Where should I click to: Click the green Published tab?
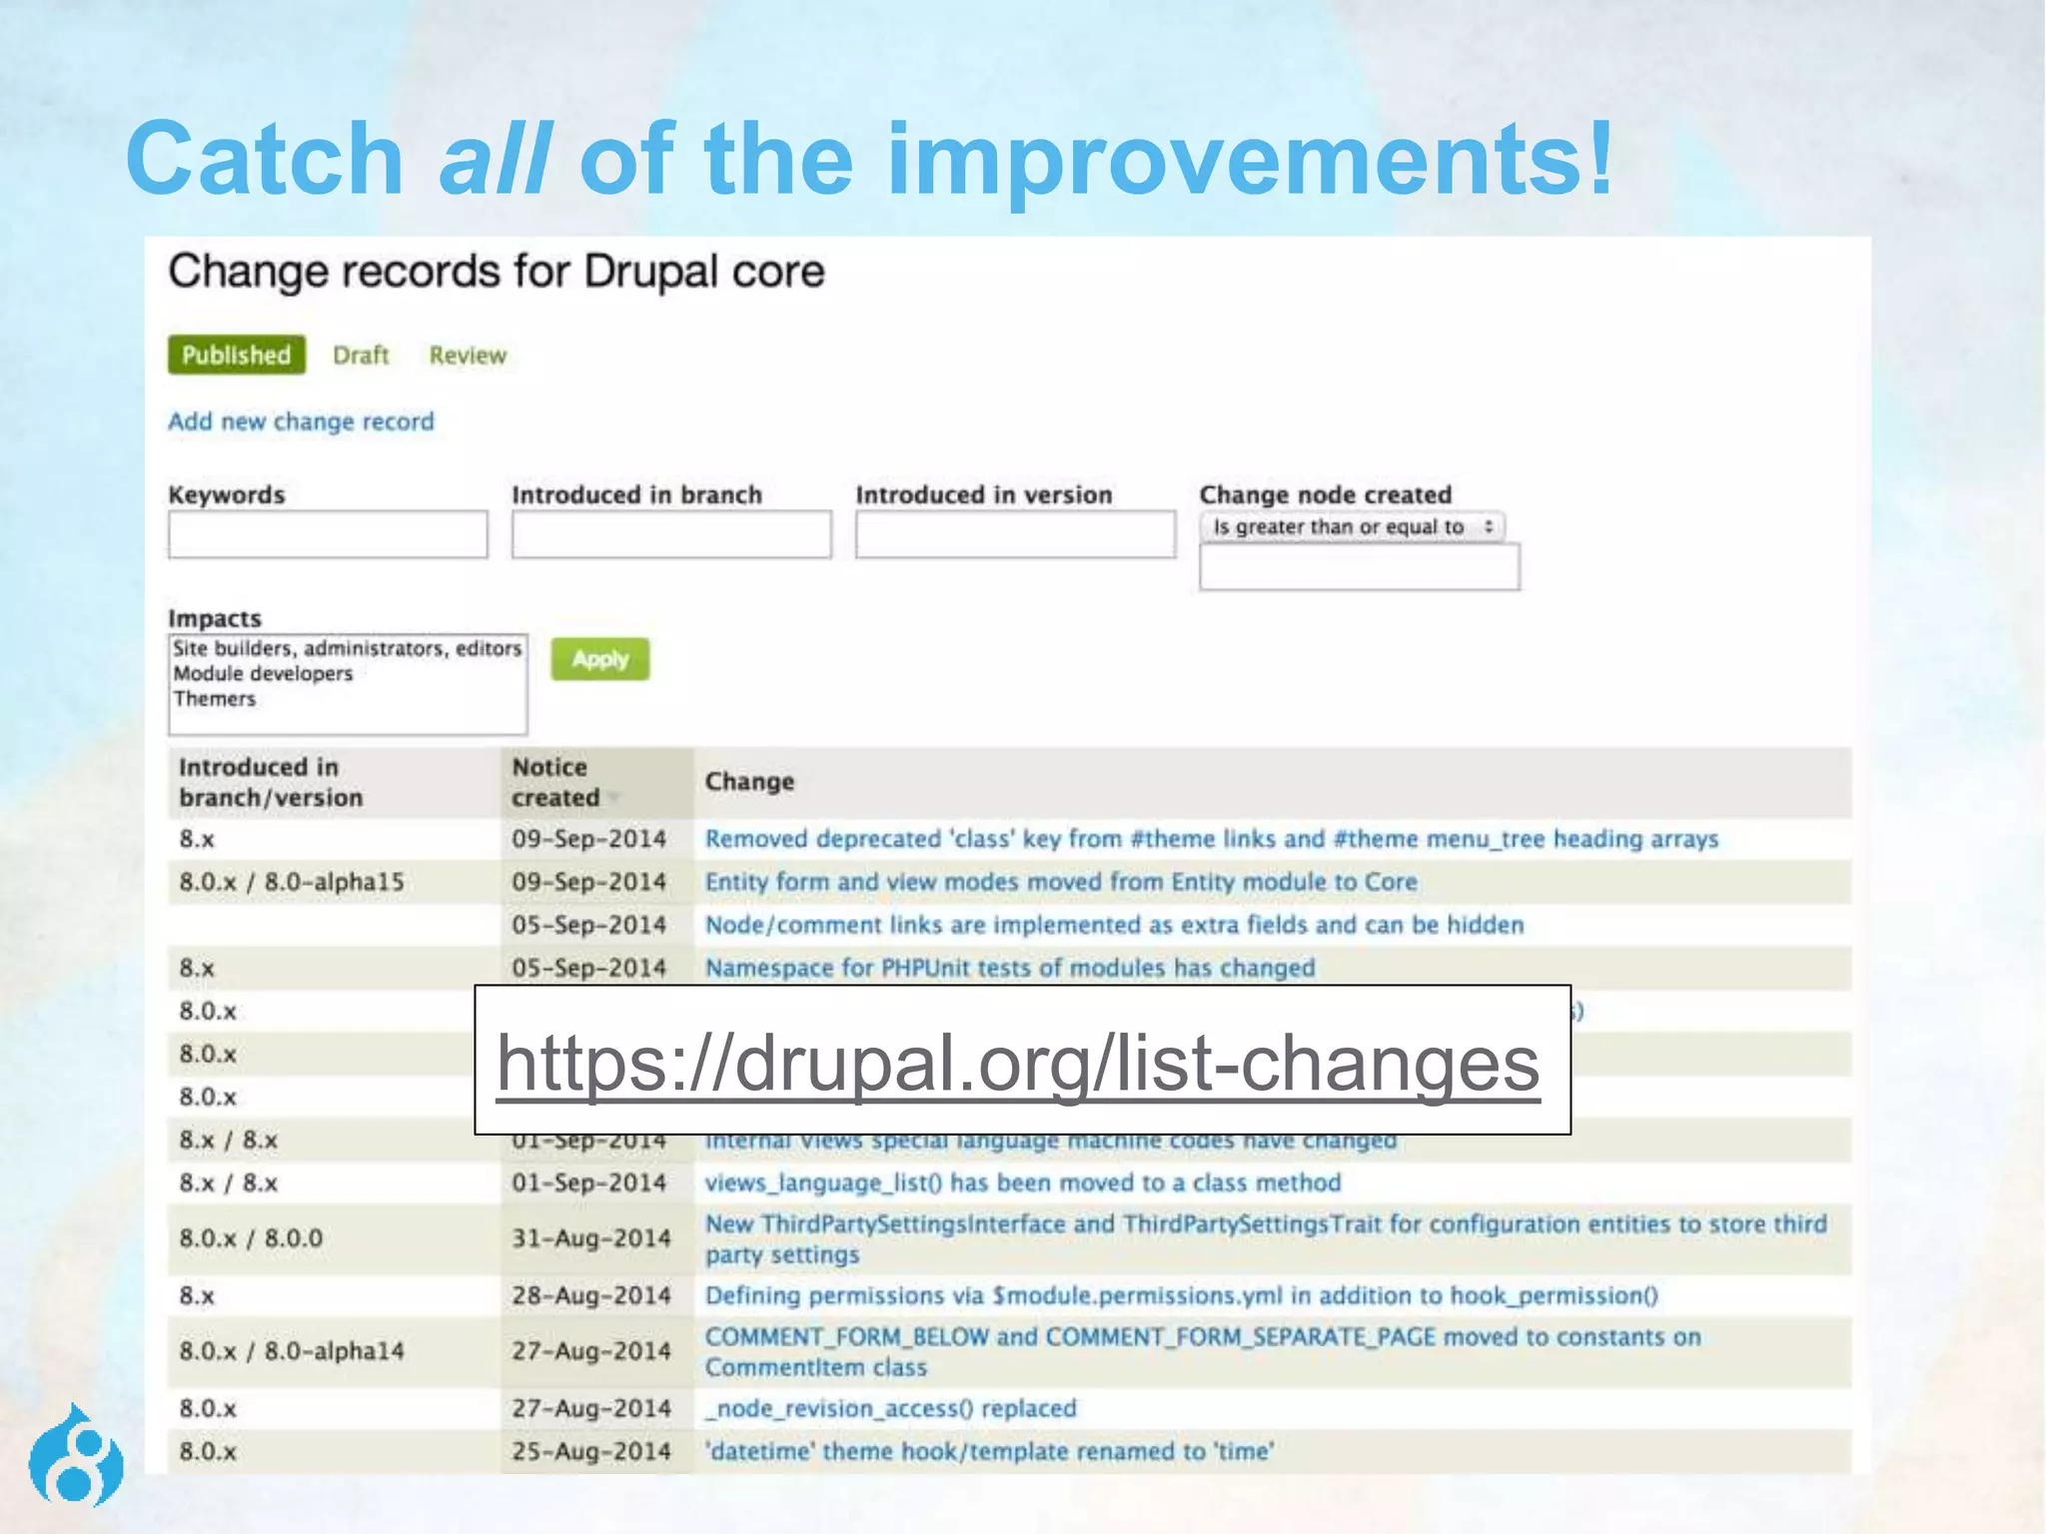236,356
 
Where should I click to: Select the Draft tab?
361,356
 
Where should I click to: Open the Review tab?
468,356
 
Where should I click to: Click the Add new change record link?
301,421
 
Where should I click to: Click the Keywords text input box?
328,535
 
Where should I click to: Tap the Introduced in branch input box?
671,535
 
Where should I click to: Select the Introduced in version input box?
1015,535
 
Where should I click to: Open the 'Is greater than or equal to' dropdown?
1352,526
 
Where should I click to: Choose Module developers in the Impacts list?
263,674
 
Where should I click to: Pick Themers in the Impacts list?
215,699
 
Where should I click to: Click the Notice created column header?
556,782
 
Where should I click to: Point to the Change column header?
749,782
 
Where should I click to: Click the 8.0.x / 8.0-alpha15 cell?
292,882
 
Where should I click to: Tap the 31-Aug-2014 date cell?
590,1238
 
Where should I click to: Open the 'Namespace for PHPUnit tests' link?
1010,968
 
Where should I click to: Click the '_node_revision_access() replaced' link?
890,1408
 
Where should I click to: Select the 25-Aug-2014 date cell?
590,1451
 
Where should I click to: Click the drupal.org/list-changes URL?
1018,1063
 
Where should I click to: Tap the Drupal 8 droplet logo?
76,1456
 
